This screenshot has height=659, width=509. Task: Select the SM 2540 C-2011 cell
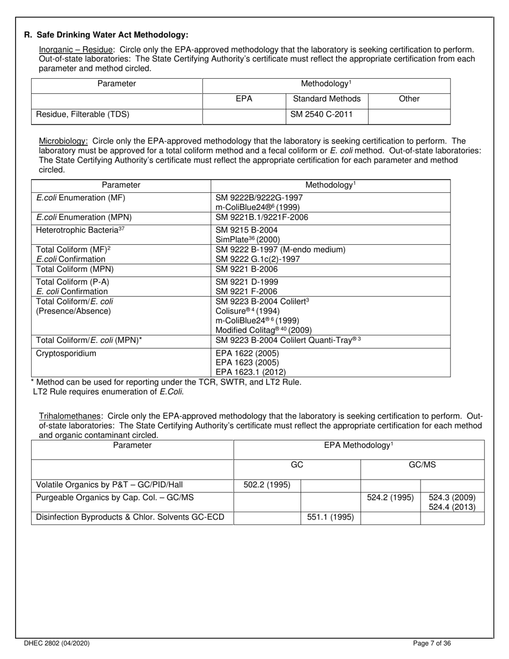[321, 114]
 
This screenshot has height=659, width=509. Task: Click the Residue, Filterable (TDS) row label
[83, 114]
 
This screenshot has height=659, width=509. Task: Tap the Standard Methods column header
[326, 99]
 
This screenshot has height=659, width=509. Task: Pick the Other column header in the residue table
[409, 99]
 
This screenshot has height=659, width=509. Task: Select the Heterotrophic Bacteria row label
[77, 230]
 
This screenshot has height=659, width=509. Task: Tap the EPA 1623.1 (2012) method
[250, 372]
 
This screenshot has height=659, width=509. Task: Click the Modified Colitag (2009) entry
[263, 330]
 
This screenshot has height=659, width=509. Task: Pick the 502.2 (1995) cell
[267, 485]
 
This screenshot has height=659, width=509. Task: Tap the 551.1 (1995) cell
[330, 517]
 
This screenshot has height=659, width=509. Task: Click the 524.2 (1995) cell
[390, 497]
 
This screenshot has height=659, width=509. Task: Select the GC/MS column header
[422, 465]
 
